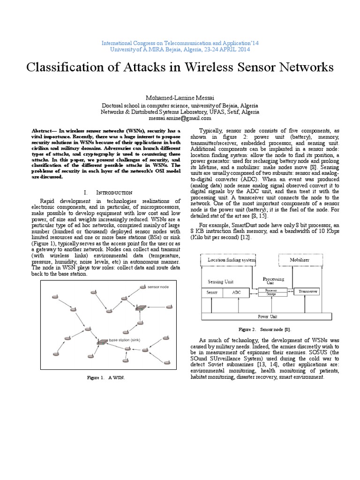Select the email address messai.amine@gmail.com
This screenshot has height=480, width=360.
tap(180, 119)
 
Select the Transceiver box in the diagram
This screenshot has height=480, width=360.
tap(306, 291)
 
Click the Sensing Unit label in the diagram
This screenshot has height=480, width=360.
tap(220, 282)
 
